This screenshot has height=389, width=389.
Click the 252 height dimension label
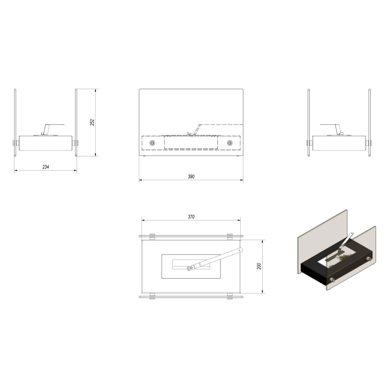(x=92, y=122)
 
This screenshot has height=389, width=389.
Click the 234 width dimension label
(x=46, y=167)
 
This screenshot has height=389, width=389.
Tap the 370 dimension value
(x=191, y=216)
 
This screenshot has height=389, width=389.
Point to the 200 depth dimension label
(x=259, y=266)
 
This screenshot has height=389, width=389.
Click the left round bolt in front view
(x=152, y=143)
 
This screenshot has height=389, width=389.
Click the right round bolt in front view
(x=230, y=143)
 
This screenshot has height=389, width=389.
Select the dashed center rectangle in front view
(x=191, y=143)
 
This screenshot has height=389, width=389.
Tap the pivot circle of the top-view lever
(x=190, y=268)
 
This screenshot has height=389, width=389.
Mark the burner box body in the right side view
(x=338, y=143)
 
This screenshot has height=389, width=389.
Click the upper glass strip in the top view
(x=191, y=235)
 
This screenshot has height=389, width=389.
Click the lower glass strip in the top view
(x=191, y=296)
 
